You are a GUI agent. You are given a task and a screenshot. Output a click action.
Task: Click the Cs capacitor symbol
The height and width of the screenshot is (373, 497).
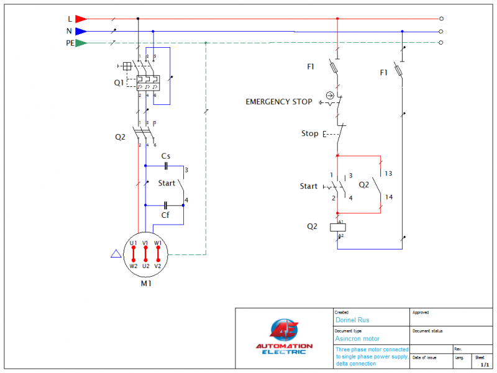tap(166, 166)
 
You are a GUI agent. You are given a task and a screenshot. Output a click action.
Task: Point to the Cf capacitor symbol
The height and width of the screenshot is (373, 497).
tap(165, 205)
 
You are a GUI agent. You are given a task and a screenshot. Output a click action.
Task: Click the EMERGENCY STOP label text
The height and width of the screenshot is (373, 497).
tap(279, 102)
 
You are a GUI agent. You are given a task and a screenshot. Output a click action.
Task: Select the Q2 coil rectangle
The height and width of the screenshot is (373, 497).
tap(337, 227)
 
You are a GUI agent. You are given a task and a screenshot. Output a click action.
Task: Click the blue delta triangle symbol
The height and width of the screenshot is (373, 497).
tap(115, 254)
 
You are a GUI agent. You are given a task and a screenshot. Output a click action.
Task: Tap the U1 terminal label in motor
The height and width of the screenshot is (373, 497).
tap(133, 243)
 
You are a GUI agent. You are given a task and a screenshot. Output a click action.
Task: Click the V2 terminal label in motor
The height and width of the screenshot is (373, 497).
tap(158, 266)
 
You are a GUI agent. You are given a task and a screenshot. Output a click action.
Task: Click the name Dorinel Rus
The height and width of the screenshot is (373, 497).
tap(352, 320)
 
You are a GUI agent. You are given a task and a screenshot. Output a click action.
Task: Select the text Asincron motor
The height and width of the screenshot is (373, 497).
tap(357, 339)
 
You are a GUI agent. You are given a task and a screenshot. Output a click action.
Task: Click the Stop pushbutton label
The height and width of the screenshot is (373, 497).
tap(309, 133)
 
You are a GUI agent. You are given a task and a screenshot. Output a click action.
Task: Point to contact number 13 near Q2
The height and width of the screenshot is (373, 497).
tap(388, 174)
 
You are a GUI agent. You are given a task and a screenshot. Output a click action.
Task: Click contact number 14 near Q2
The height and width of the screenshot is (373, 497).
tap(388, 197)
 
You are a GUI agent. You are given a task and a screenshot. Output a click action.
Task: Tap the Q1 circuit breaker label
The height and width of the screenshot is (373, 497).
tap(119, 81)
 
